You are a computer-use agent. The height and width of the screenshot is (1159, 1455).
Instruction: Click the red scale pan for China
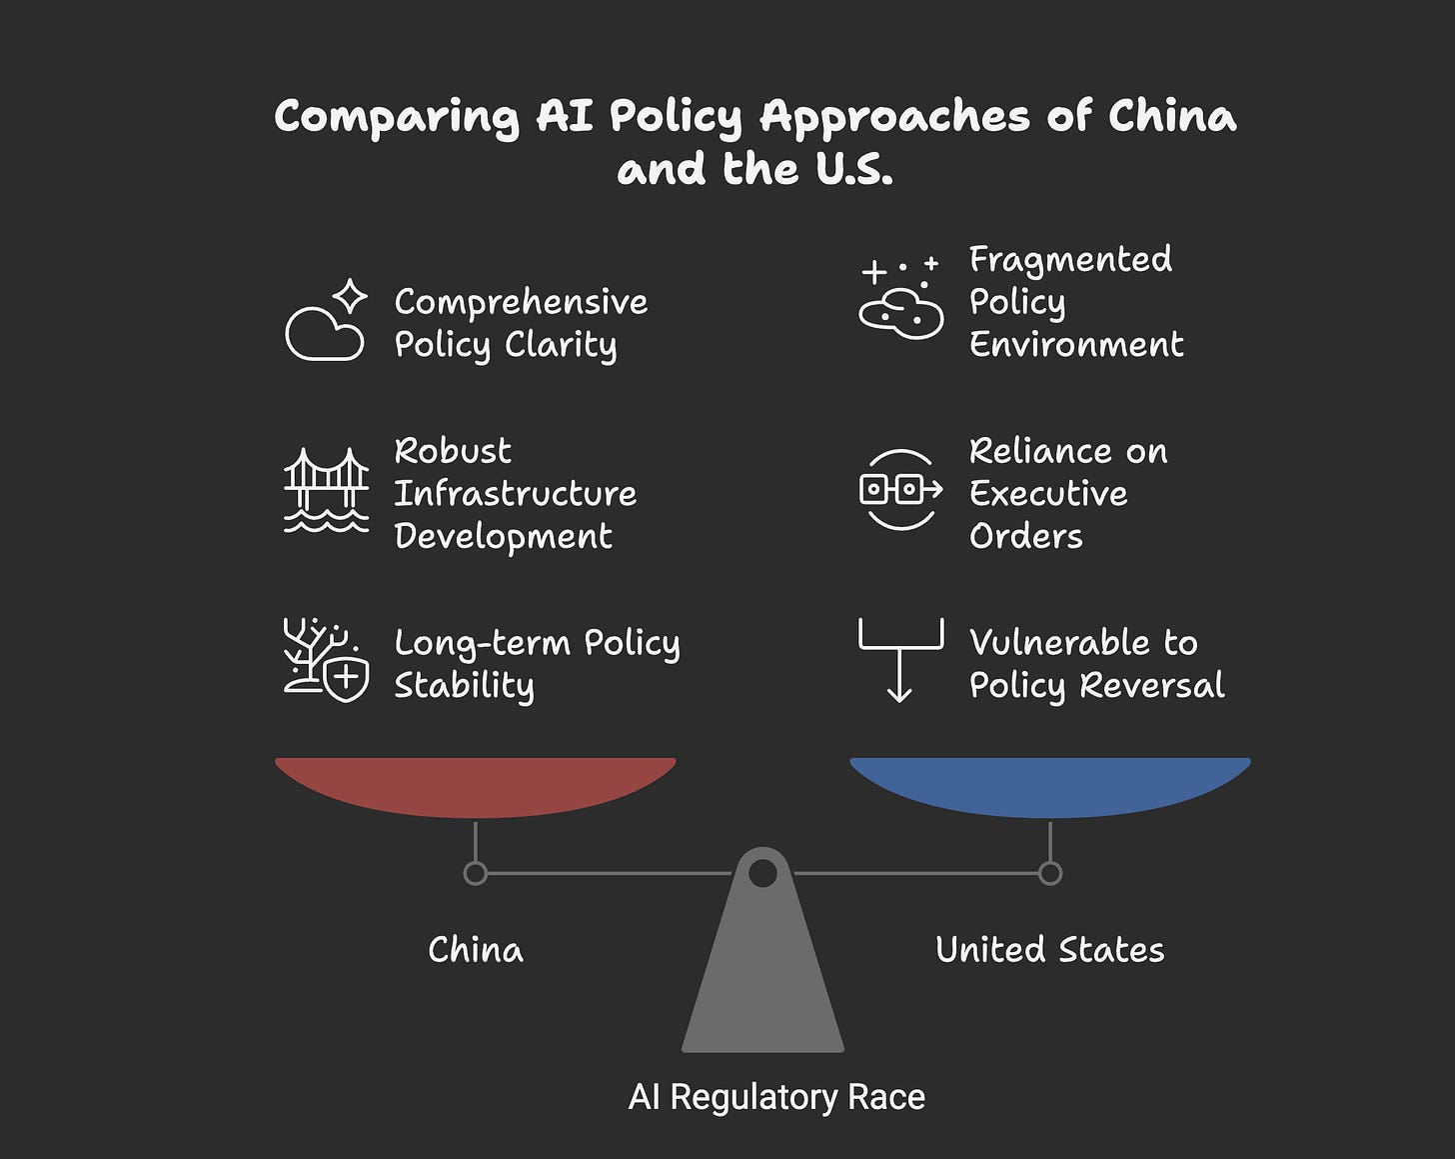(476, 785)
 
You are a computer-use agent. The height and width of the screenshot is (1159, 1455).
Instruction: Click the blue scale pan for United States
(1050, 785)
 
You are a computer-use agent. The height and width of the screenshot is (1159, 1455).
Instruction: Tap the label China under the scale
(476, 949)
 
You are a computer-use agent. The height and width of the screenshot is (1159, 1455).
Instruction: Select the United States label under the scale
(1049, 949)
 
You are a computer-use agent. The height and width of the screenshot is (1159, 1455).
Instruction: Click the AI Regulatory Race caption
(776, 1097)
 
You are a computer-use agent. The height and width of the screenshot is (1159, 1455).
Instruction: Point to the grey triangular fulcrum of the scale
(762, 980)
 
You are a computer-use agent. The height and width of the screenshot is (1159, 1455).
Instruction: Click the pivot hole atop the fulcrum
(762, 874)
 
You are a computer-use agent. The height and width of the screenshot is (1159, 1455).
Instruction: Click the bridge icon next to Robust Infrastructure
(326, 490)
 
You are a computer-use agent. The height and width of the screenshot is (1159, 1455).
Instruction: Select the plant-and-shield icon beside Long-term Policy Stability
(326, 660)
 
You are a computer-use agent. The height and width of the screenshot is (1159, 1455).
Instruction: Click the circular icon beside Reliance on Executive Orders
(900, 489)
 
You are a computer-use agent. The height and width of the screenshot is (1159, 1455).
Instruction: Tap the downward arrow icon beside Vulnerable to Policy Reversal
(900, 660)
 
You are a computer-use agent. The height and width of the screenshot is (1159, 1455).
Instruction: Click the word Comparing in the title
(397, 118)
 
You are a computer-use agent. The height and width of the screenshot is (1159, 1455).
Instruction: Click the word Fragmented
(1070, 259)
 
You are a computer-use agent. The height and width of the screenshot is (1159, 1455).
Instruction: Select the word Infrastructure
(515, 493)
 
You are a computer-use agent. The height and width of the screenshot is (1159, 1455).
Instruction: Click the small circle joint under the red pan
(476, 873)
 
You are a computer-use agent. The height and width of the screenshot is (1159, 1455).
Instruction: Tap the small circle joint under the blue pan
(1050, 873)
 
